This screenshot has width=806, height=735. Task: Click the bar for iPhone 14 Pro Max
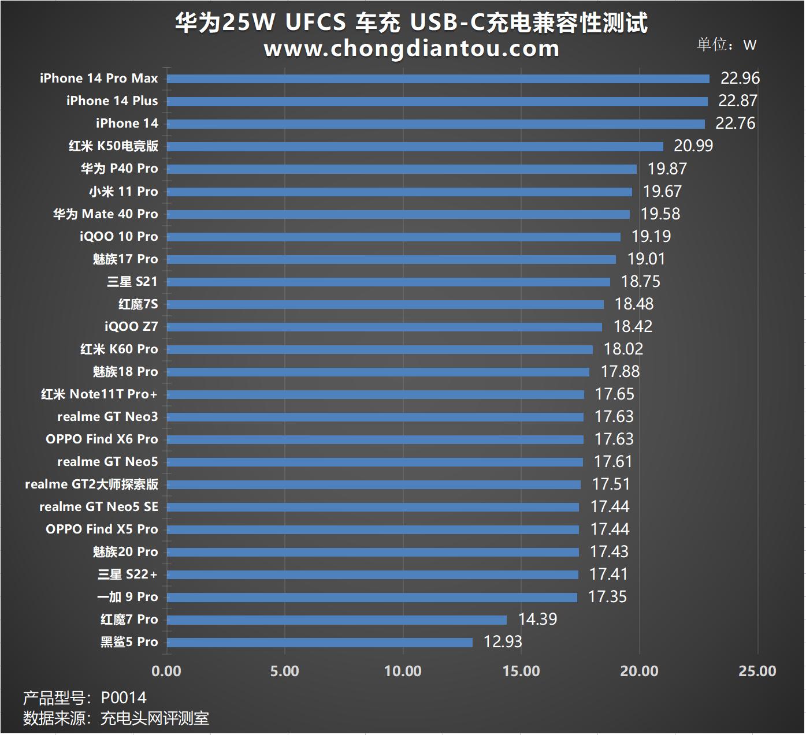[x=438, y=79]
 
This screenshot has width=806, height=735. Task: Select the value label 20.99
[x=693, y=146]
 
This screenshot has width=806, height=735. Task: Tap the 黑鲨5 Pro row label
[x=129, y=642]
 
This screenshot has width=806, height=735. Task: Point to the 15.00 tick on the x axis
[x=521, y=671]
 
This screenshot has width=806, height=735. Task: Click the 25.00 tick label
[x=757, y=671]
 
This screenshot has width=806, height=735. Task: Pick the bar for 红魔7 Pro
[x=337, y=620]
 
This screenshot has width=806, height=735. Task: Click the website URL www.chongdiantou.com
[x=411, y=48]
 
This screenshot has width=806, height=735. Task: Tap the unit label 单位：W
[x=726, y=45]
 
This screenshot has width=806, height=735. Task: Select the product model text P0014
[x=124, y=698]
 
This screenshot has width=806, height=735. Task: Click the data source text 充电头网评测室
[x=154, y=719]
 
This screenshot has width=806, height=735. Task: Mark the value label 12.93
[x=502, y=642]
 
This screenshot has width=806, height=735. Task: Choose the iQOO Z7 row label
[x=131, y=327]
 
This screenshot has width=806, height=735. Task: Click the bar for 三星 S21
[x=388, y=282]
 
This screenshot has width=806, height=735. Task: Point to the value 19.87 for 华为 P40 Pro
[x=667, y=169]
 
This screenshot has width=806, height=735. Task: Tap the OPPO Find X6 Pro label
[x=102, y=439]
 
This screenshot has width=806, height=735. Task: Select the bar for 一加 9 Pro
[x=372, y=598]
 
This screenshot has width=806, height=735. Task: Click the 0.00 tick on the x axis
[x=166, y=671]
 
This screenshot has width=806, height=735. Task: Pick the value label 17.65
[x=614, y=394]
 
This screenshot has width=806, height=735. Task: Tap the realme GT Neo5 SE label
[x=98, y=507]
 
